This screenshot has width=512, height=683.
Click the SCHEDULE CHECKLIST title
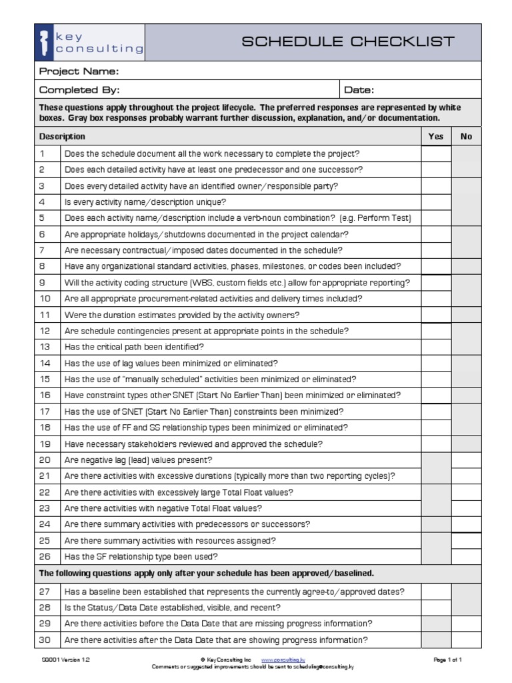(347, 41)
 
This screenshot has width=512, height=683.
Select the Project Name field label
(79, 71)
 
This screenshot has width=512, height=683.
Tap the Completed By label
(79, 90)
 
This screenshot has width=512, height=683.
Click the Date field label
(359, 90)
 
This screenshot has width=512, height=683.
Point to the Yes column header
(435, 136)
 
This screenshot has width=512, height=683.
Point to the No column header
(466, 136)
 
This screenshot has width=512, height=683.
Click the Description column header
(62, 136)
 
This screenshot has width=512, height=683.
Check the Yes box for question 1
(435, 153)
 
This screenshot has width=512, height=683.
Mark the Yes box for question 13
(435, 347)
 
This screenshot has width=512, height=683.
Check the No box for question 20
(466, 460)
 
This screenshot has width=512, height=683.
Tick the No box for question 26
(466, 556)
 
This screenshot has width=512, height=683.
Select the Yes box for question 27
(435, 592)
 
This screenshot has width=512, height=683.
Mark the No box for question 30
(466, 640)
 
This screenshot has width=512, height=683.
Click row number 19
(45, 444)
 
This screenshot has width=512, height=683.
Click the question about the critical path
(134, 347)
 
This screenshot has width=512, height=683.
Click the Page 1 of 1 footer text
(447, 659)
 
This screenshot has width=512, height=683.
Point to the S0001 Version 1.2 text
(65, 659)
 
